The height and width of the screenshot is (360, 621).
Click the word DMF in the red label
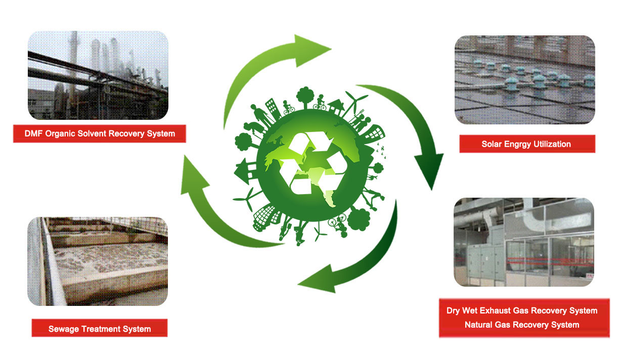click(34, 134)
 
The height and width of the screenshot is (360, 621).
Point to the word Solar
click(492, 144)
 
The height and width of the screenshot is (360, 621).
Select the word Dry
click(454, 310)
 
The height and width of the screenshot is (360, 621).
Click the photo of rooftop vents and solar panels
click(524, 79)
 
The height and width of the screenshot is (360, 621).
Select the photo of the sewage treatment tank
click(97, 261)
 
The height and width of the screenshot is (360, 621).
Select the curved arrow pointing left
click(354, 263)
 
